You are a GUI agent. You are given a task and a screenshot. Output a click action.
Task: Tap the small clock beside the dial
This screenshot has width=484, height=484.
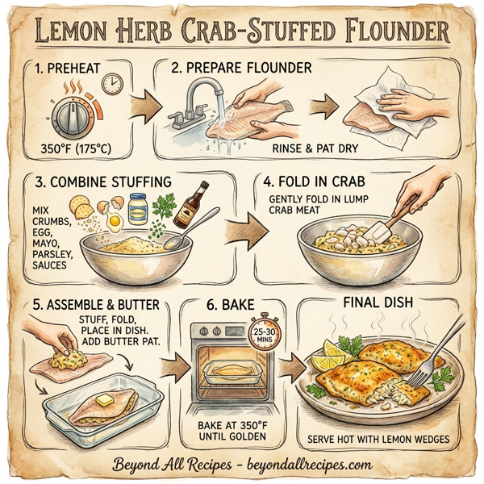click(112, 83)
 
